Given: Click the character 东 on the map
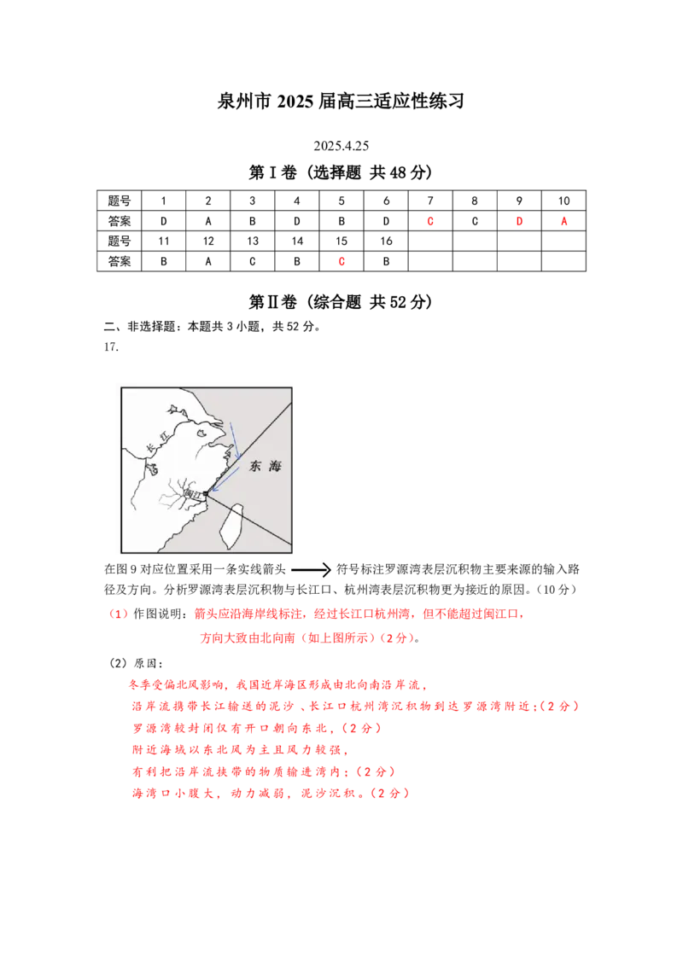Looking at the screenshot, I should [x=255, y=468].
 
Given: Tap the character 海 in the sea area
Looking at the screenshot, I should [x=275, y=467].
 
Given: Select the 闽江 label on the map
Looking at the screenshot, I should [x=191, y=494].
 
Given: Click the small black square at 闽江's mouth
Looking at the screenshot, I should [x=205, y=493].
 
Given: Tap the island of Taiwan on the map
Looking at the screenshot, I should [x=231, y=522].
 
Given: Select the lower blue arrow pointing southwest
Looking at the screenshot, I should [x=224, y=481].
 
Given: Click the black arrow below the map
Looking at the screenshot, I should [x=312, y=570].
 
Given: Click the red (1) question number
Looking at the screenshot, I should [x=119, y=614].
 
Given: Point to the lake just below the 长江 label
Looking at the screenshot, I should [x=152, y=468].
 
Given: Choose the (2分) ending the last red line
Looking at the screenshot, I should [x=394, y=793].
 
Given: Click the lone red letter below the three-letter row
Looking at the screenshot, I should [x=341, y=260].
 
